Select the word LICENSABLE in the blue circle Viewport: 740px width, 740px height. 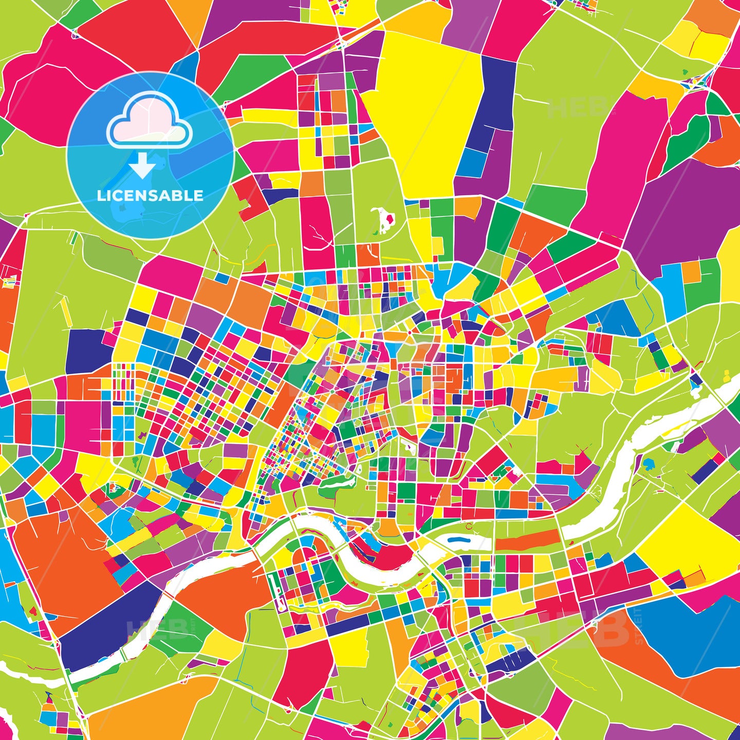pyautogui.click(x=150, y=196)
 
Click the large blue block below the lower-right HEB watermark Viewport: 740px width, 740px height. pyautogui.click(x=689, y=637)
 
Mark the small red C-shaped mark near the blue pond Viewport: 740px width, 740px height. pyautogui.click(x=469, y=527)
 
